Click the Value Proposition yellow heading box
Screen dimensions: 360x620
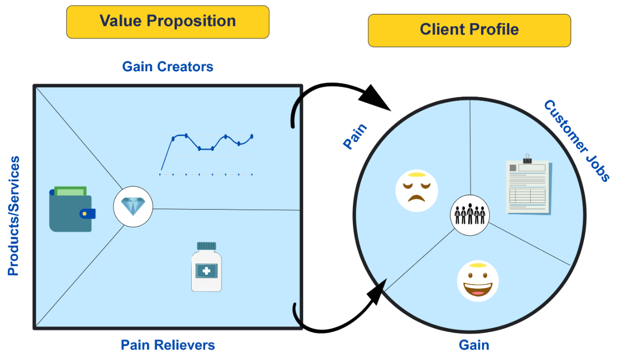[167, 22]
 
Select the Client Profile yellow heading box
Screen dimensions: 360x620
[469, 30]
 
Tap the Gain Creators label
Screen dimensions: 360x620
[167, 67]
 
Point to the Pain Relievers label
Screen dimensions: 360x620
[167, 345]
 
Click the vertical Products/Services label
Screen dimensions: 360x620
[13, 215]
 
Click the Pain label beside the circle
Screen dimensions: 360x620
[355, 136]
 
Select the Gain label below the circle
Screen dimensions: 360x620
[474, 345]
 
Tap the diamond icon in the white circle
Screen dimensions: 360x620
[133, 207]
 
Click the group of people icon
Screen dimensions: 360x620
[470, 214]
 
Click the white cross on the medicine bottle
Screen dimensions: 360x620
[206, 271]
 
